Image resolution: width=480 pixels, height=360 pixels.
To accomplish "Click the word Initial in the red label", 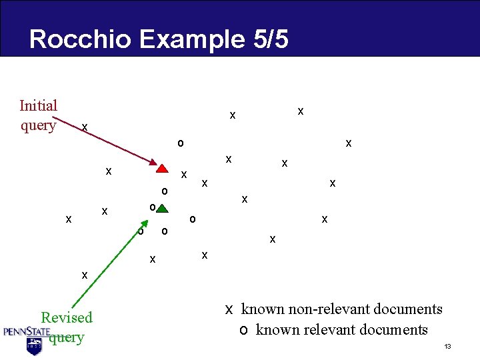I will point(39,105).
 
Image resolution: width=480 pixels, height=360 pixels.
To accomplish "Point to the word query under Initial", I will point(38,125).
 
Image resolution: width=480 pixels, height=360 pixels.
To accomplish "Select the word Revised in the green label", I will point(67,317).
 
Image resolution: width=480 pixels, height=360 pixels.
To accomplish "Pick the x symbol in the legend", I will point(228,309).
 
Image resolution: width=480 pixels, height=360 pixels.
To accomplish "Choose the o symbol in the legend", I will point(244,330).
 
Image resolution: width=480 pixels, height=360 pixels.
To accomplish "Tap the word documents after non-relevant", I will point(410,309).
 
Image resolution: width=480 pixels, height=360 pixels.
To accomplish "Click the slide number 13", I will point(448,347).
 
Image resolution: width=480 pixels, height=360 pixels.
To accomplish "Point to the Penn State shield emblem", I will point(34,345).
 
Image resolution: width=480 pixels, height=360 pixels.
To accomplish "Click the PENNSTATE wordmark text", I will point(27,331).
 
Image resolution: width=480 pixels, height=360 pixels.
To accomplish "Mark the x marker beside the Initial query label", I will point(84,127).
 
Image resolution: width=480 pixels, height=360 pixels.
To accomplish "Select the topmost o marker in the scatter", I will point(180,143).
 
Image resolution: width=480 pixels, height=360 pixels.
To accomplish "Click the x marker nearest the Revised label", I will point(84,273).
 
